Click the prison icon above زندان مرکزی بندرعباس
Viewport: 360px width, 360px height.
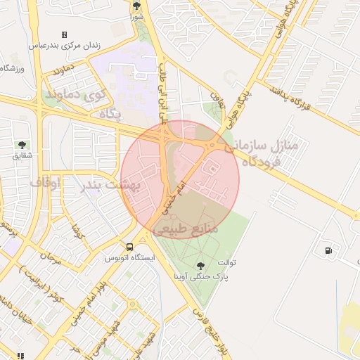click(64, 34)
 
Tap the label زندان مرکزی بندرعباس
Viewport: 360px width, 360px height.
click(64, 45)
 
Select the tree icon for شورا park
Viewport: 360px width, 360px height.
click(136, 5)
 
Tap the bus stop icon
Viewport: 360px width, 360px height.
click(129, 247)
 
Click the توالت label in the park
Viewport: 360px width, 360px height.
click(226, 263)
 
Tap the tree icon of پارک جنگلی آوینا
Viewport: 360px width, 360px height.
click(201, 265)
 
